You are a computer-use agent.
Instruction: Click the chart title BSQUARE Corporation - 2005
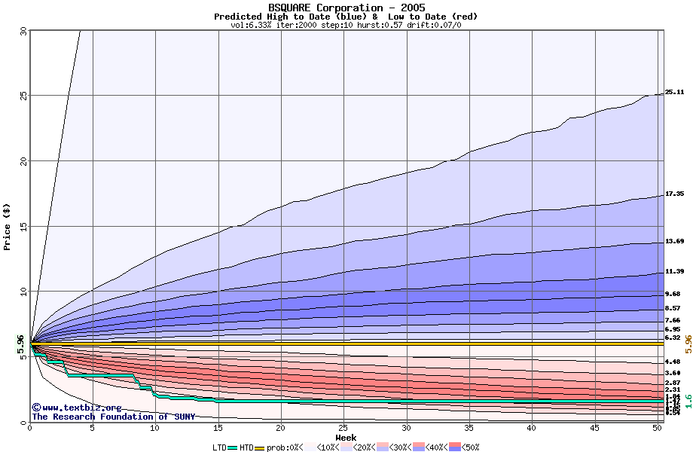346,8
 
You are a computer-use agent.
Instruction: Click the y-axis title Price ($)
8,226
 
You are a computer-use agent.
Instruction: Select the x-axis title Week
346,437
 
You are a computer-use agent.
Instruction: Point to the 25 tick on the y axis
22,96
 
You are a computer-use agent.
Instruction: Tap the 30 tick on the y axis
22,31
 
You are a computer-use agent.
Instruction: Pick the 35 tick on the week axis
469,429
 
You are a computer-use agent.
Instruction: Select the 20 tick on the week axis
280,429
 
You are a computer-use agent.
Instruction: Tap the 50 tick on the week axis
656,429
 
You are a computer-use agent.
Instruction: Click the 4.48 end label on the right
673,362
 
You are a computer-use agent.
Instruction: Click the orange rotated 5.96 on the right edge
688,345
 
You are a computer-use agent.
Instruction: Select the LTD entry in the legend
219,447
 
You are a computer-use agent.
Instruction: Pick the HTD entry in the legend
246,447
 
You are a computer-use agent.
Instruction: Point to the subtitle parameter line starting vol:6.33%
346,25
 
